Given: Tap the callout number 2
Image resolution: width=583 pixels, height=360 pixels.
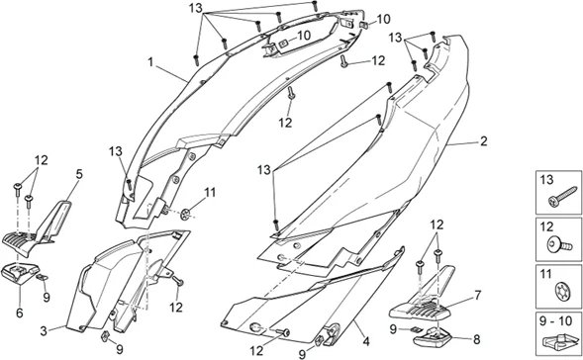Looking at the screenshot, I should [482, 141].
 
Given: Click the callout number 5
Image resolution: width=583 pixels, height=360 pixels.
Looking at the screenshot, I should [80, 175].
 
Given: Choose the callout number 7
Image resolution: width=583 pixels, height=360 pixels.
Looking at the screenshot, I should [476, 294].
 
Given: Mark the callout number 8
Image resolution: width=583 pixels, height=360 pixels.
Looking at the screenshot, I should [476, 339].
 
